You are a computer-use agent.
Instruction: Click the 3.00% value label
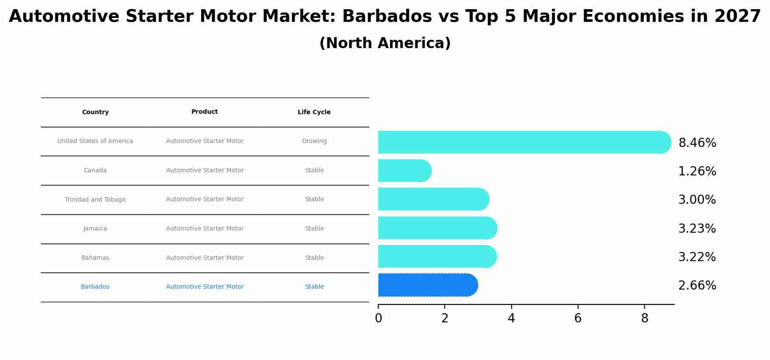[697, 200]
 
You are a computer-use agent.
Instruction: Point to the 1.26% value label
[697, 171]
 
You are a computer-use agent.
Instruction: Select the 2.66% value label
[697, 286]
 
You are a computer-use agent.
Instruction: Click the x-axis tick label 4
[511, 318]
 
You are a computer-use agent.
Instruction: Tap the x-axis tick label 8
[644, 318]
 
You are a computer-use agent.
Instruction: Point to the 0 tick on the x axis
[378, 318]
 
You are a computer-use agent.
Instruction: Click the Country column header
[95, 112]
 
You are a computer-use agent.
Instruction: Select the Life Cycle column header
[314, 112]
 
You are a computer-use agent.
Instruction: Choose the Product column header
[205, 112]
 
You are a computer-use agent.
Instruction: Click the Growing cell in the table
[314, 141]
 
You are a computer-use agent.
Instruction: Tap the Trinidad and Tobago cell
[95, 200]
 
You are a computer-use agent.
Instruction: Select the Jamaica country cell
[95, 229]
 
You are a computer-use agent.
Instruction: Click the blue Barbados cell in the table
[95, 287]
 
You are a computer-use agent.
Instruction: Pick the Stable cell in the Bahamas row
[314, 258]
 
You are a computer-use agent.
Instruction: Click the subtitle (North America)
[385, 43]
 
